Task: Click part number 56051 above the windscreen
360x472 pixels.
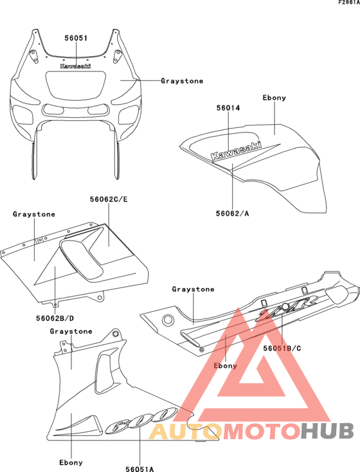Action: pos(76,38)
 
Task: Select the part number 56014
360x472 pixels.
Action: pos(228,108)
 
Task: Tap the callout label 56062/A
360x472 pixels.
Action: pos(232,213)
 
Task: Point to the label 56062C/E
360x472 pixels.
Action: pos(109,199)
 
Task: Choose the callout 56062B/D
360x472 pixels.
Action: pos(55,318)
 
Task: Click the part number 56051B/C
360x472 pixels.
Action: pos(282,349)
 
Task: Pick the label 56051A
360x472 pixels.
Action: pos(139,469)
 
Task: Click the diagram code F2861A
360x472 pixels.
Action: pos(349,3)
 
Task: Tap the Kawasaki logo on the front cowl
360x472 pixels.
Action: pos(75,66)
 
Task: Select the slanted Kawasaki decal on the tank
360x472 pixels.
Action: pos(237,150)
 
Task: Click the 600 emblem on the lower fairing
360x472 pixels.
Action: pos(140,420)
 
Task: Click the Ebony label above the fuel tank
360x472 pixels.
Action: pos(274,98)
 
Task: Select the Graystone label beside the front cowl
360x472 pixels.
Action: pos(182,80)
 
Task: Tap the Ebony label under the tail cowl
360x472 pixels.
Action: pos(225,366)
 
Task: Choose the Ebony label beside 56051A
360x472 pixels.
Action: pos(71,462)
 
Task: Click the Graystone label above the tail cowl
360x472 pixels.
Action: pos(193,289)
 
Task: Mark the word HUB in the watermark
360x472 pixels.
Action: pos(327,431)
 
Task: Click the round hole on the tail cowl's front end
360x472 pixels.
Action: pos(168,320)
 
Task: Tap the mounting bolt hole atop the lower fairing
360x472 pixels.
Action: pos(114,334)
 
